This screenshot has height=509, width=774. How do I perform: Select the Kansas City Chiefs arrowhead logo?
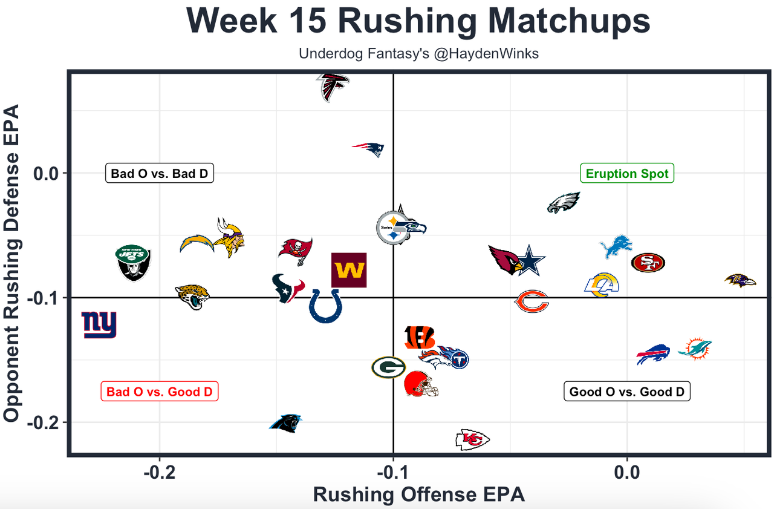coord(472,439)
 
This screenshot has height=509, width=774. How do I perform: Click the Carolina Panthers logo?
coord(285,423)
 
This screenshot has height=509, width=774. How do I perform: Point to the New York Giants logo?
coord(99,325)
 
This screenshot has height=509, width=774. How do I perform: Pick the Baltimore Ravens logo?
coord(740,280)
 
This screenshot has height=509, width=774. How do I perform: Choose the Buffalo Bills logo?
coord(653,355)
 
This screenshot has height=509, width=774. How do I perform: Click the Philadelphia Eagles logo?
coord(564,203)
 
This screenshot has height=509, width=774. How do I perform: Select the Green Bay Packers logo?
coord(388,367)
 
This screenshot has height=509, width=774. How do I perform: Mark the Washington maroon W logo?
coord(349,270)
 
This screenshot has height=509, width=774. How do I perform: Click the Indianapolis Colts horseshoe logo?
coord(325,306)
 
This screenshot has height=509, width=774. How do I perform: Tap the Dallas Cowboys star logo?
coord(530,260)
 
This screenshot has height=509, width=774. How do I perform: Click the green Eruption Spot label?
coord(627,174)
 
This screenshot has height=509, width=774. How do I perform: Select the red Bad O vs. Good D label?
coord(159,392)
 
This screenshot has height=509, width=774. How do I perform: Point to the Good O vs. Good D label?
coord(626,392)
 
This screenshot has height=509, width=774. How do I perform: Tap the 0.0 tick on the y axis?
coord(43,173)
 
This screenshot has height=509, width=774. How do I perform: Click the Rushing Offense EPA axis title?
coord(418,494)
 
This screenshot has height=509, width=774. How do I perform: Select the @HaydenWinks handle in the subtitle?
coord(484,53)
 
